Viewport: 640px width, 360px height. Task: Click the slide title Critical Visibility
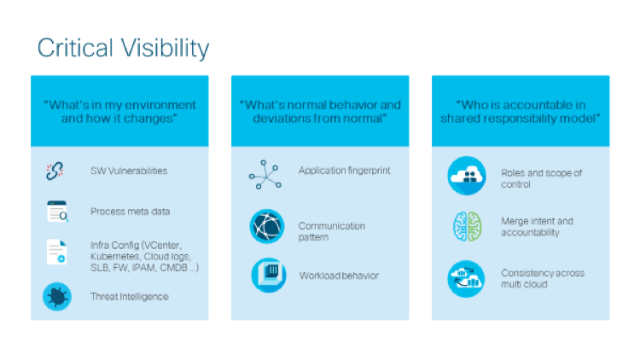(123, 48)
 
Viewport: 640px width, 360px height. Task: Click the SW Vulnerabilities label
(129, 171)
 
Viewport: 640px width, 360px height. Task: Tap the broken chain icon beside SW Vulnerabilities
(55, 171)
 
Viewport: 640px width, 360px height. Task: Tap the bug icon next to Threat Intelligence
(56, 296)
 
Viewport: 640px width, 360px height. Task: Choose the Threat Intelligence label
(129, 296)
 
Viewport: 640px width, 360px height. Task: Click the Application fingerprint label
(344, 171)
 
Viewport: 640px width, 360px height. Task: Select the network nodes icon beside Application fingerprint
(265, 173)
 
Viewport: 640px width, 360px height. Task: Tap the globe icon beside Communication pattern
(265, 227)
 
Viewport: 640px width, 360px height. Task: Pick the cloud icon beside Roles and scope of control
(466, 176)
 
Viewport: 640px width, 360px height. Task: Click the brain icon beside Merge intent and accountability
(466, 227)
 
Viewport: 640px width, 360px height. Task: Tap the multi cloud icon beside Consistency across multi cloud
(466, 278)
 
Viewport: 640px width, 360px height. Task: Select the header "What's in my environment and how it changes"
(119, 111)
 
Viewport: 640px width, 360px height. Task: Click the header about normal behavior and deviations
(320, 111)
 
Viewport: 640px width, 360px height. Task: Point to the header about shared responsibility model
(521, 111)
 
